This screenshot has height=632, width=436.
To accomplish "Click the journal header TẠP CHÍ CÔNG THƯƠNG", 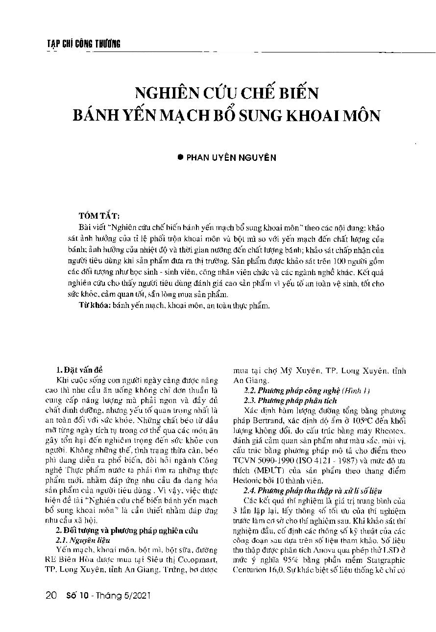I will (x=80, y=44).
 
